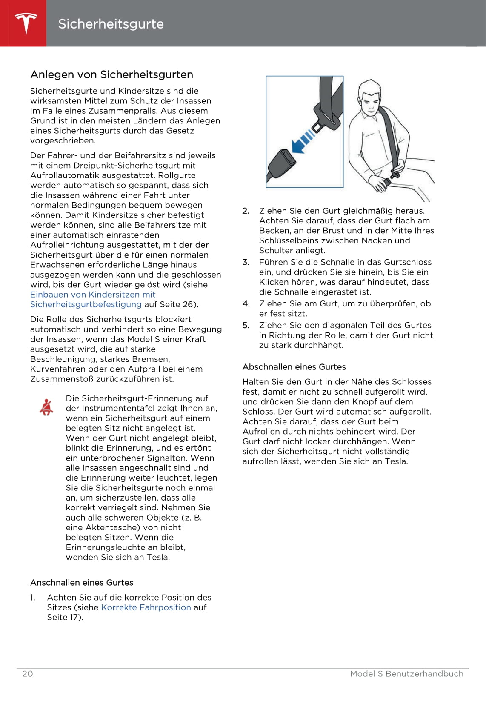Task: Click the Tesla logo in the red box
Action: (x=26, y=23)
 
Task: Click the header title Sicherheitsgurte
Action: (x=111, y=24)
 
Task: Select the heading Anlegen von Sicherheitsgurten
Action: (x=111, y=74)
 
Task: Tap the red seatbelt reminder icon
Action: (x=46, y=407)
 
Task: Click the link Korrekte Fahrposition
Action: (x=146, y=607)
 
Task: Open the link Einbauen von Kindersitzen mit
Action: (x=93, y=295)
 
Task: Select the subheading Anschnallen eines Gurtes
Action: (x=82, y=582)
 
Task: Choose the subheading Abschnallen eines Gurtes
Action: (x=294, y=367)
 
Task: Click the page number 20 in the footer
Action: (x=27, y=673)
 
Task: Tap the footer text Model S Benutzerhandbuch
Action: (x=406, y=673)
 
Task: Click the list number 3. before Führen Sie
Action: (x=246, y=262)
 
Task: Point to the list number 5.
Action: (x=246, y=325)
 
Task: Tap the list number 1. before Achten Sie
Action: (x=33, y=598)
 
